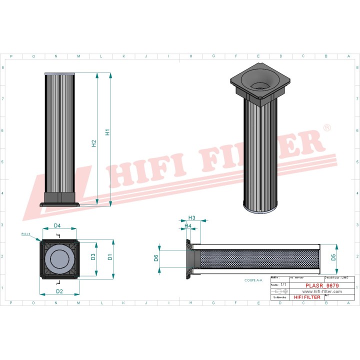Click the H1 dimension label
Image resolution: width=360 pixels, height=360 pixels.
coord(107,132)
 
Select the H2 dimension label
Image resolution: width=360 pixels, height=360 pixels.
coord(94,143)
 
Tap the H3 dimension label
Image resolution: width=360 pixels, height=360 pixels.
coord(191,217)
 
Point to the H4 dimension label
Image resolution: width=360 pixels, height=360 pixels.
coord(188,226)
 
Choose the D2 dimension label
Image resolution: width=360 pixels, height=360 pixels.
coord(59,291)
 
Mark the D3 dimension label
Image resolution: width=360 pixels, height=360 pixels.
coord(93,257)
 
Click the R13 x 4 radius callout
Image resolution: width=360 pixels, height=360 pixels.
coord(26,233)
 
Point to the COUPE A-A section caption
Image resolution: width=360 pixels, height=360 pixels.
coord(253,281)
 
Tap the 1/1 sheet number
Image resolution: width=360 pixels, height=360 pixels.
coord(283,284)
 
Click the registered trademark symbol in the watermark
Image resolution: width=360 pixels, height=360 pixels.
coord(326,128)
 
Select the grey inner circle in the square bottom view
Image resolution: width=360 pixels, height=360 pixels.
coord(59,258)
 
